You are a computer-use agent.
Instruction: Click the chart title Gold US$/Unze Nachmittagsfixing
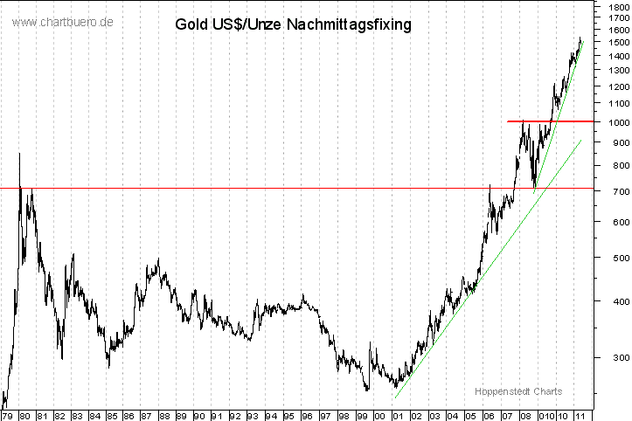293,24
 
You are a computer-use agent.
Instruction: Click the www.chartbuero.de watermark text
61,22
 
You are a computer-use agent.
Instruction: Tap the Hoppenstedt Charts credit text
518,391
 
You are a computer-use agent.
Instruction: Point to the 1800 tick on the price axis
615,5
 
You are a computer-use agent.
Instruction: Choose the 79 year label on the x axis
7,415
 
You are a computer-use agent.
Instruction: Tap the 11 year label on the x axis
579,415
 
